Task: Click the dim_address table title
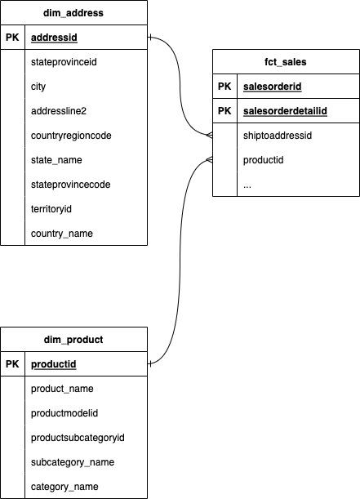73,13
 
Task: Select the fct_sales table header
285,62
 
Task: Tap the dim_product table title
73,339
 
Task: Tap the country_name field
61,234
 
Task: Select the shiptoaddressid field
278,136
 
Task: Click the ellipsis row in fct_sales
247,185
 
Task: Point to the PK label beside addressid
12,38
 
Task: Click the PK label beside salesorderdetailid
224,111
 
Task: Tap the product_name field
62,389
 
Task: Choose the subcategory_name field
71,462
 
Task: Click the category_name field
64,487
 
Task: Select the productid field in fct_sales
263,160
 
